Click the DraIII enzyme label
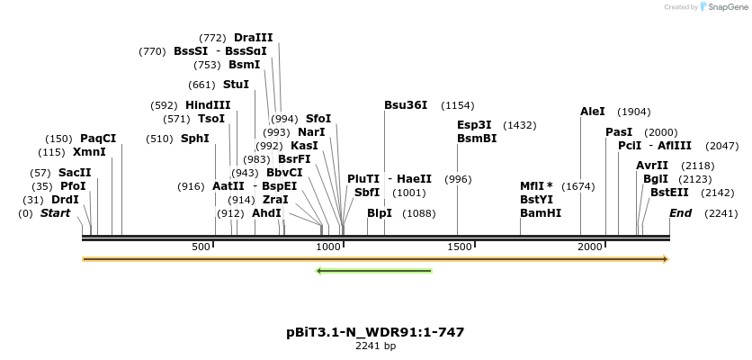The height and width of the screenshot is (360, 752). coord(253,38)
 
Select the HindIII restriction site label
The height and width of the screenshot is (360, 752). coord(208,105)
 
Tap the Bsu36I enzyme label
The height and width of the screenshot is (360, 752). coord(406,105)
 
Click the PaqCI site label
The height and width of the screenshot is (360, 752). coord(98,139)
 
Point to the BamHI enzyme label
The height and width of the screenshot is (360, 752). coord(541,213)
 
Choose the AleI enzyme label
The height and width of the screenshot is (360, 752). coord(593,112)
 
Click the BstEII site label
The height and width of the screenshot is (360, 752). coord(669,192)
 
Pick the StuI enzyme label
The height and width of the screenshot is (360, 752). coord(236,85)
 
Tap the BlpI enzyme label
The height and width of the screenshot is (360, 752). coord(380,213)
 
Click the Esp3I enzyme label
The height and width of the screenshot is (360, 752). coord(474,125)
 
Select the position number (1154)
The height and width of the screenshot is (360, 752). coord(457,105)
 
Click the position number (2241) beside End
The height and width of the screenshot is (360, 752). coord(721,213)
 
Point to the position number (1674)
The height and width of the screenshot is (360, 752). coord(577,186)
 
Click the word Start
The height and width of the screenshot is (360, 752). coord(55,213)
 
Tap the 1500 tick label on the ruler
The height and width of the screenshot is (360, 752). coord(459,247)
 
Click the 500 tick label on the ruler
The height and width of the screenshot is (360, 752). coord(201,247)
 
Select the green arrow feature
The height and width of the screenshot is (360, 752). coord(374,270)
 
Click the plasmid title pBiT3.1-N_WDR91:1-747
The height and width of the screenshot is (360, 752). coord(375,332)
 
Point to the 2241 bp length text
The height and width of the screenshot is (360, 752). coord(375,346)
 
